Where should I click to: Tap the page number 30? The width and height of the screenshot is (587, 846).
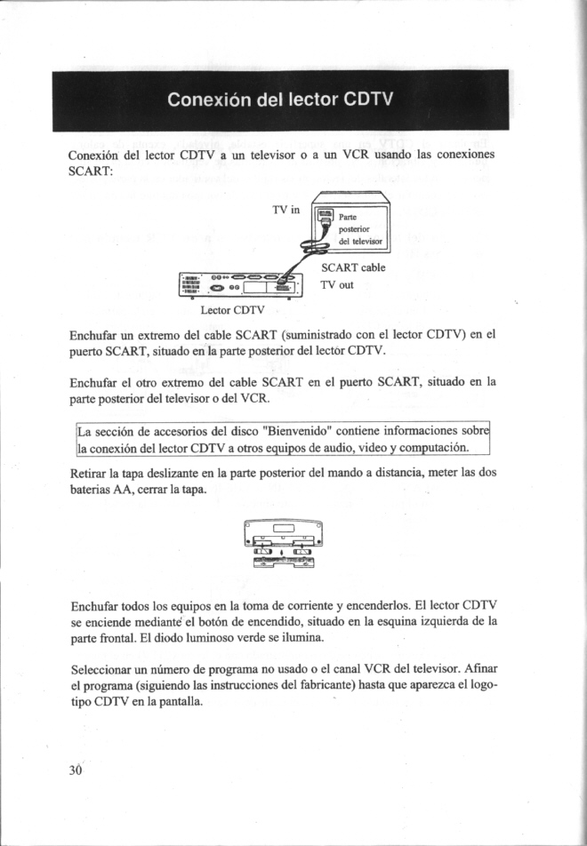pos(76,769)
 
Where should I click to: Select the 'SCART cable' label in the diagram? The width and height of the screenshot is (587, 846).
pos(352,267)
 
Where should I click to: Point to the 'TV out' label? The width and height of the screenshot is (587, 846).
pos(337,285)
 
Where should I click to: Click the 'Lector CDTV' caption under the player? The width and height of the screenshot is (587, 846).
pos(233,310)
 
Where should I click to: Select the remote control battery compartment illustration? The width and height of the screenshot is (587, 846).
pos(282,546)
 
